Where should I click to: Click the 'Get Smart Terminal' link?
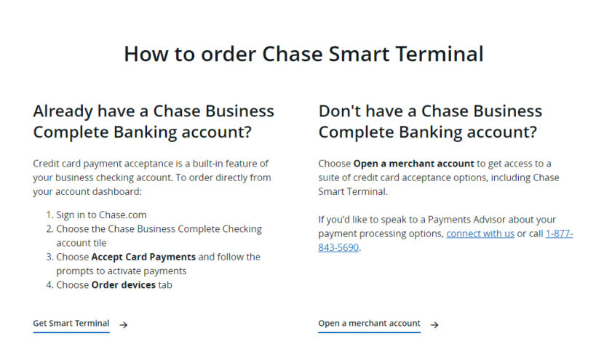(71, 324)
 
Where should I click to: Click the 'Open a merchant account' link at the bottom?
(369, 324)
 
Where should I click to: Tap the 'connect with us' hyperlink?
(480, 233)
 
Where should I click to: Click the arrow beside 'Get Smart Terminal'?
(124, 324)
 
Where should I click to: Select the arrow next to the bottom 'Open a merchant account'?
(434, 324)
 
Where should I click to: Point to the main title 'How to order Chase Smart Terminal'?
(303, 54)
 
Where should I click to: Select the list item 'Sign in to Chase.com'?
(101, 215)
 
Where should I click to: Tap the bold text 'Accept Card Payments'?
(143, 257)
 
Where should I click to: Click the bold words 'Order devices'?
(123, 285)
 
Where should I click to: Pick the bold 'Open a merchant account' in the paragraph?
(413, 163)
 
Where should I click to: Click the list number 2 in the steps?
(49, 229)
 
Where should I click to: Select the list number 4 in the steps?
(49, 285)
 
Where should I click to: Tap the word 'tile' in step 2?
(99, 243)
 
